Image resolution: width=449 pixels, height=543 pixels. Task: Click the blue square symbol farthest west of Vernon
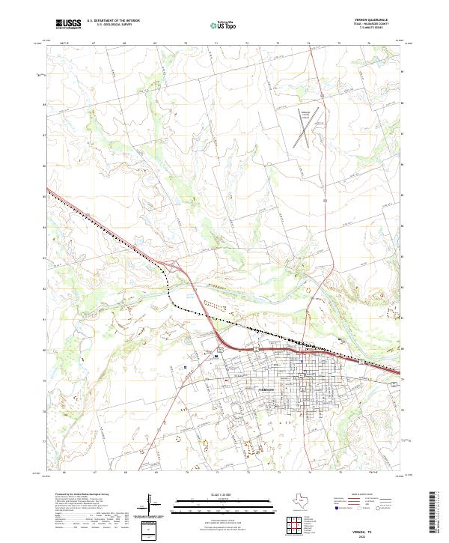tap(183, 368)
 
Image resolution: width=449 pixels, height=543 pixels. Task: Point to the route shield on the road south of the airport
tap(325, 201)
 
